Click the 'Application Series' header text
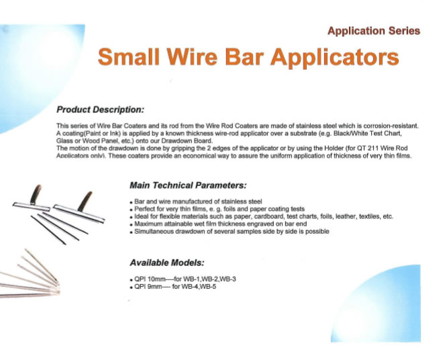pyautogui.click(x=374, y=31)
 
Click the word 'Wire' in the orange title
pyautogui.click(x=192, y=56)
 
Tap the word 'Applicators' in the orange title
pyautogui.click(x=334, y=58)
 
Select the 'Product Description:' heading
pyautogui.click(x=101, y=109)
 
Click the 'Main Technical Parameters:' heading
pyautogui.click(x=188, y=185)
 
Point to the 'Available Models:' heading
pyautogui.click(x=167, y=263)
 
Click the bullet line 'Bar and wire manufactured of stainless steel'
pyautogui.click(x=198, y=201)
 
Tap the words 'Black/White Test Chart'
pyautogui.click(x=367, y=133)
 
